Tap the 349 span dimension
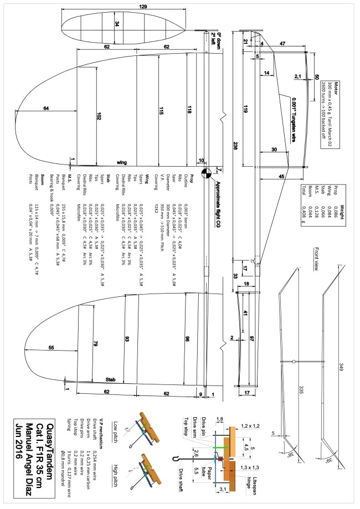pos(343,365)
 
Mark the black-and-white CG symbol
pos(206,173)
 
